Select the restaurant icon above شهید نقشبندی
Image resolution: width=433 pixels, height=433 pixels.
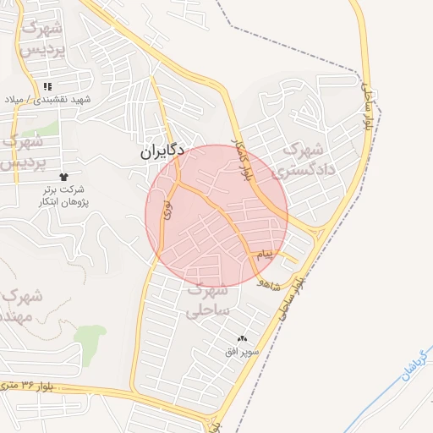click(x=48, y=86)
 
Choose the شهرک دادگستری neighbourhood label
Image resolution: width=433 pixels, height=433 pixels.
click(x=305, y=159)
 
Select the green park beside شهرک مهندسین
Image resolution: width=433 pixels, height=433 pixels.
click(x=90, y=340)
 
